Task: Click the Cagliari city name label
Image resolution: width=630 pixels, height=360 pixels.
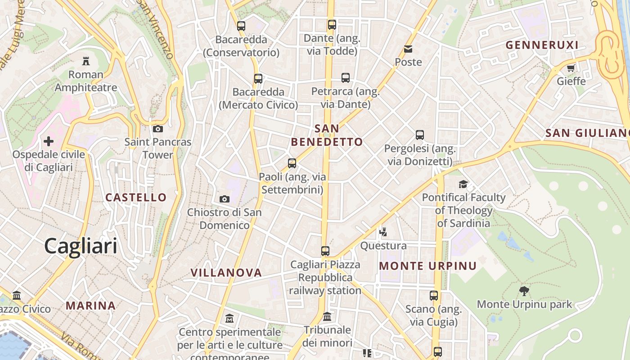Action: pos(81,246)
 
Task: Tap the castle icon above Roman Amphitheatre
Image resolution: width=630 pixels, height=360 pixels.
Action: pos(85,61)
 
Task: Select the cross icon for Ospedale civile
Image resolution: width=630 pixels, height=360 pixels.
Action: pos(48,141)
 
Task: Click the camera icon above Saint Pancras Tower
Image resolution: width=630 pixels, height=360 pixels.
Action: pos(157,129)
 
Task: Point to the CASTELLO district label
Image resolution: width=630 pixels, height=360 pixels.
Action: pos(136,197)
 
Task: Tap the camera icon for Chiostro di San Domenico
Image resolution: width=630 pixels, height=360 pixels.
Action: pos(224,199)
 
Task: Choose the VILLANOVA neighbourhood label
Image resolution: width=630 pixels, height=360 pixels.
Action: pos(226,273)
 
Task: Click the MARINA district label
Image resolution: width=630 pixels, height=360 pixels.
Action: pos(91,306)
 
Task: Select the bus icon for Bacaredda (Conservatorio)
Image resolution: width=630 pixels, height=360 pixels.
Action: pos(241,26)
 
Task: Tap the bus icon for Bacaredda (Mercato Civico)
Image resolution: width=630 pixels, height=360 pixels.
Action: pos(258,79)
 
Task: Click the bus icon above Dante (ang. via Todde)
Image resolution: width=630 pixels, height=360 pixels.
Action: pos(332,25)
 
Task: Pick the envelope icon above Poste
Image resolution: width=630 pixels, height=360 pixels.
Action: pos(408,49)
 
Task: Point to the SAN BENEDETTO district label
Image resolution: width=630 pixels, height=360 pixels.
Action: pos(327,135)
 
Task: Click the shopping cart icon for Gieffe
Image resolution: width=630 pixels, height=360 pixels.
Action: pos(571,68)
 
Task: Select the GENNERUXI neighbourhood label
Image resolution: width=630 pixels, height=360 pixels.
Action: pos(542,45)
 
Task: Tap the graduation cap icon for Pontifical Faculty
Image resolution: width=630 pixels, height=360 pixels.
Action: pos(463,184)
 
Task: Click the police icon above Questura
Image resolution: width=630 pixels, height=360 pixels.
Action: pos(383,232)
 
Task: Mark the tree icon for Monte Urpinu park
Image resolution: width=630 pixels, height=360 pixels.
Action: pos(524,291)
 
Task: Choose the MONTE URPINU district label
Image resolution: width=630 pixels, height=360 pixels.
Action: pos(427,266)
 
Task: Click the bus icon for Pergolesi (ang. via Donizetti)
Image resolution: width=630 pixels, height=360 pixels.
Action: pos(420,135)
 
